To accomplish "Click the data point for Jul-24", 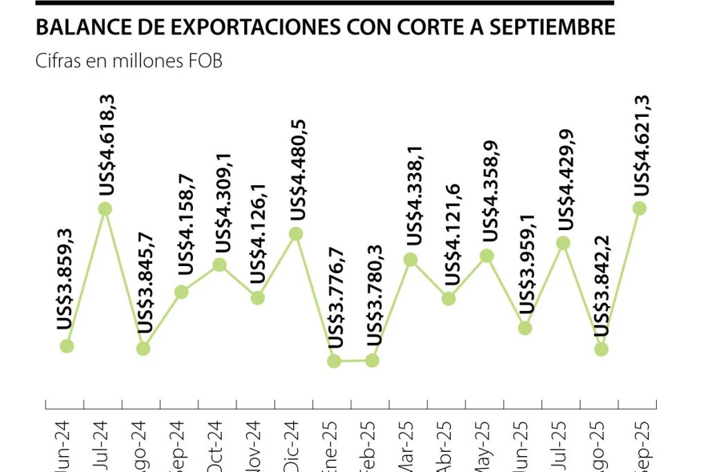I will (x=105, y=209).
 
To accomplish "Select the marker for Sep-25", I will (x=640, y=208).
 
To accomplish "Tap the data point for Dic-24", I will (x=296, y=234).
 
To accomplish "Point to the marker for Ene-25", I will (x=334, y=361).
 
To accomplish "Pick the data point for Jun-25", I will (x=525, y=328).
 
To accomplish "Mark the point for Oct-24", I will (x=219, y=265).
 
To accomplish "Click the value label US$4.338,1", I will (x=413, y=196).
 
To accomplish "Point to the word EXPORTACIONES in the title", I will (x=232, y=26).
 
